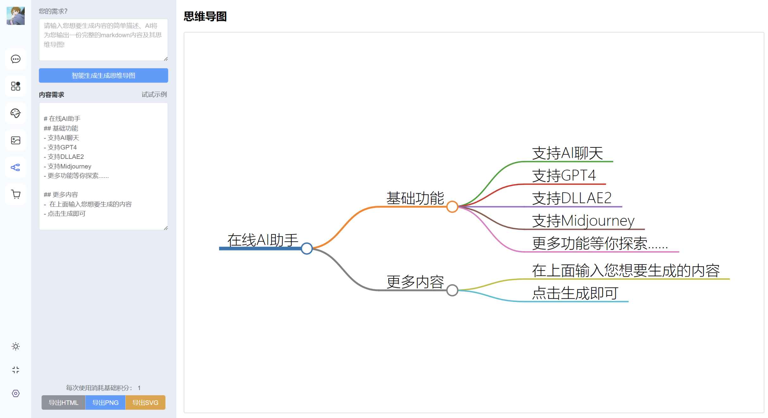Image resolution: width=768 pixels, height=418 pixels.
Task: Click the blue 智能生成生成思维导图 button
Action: (103, 75)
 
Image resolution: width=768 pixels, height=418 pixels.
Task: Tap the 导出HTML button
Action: (63, 402)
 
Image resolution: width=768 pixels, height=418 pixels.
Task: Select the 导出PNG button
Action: (105, 402)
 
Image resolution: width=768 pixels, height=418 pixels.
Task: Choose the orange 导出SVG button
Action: (145, 402)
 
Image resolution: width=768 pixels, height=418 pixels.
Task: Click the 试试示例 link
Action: (154, 94)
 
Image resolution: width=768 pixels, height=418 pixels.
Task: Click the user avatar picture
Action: (16, 16)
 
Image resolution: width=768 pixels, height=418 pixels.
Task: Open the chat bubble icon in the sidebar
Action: (16, 59)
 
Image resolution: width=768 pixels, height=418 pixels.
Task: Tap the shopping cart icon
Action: (16, 194)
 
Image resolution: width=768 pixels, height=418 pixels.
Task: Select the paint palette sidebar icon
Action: (16, 113)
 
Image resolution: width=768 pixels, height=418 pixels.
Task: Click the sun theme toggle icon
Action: (16, 346)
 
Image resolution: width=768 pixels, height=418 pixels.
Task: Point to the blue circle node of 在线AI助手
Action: (306, 248)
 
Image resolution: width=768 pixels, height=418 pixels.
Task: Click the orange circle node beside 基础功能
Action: (452, 207)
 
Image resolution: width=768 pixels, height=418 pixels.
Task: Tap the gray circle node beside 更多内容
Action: (452, 290)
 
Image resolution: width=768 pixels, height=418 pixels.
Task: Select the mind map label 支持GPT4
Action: (564, 175)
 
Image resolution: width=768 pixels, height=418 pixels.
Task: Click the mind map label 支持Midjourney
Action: (583, 221)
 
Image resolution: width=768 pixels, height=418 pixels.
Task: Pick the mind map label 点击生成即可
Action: (575, 293)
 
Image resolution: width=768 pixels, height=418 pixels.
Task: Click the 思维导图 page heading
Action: (205, 16)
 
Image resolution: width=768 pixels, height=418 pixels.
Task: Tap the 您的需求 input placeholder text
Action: (103, 35)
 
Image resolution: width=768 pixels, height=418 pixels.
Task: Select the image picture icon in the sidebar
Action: (16, 140)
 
